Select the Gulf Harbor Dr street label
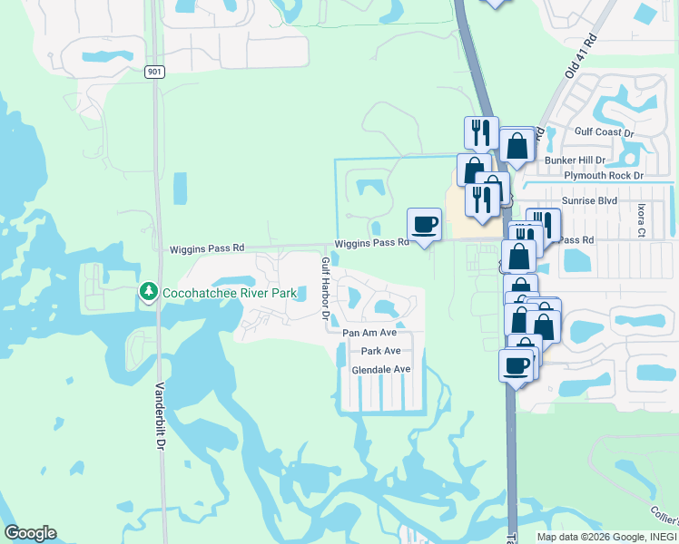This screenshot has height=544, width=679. tap(324, 288)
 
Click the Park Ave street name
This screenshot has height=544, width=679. tap(380, 351)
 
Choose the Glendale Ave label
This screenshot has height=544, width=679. tap(381, 369)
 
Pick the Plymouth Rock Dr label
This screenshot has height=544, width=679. tap(603, 175)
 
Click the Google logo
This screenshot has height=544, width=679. tap(30, 533)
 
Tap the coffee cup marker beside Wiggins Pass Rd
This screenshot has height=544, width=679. tap(424, 225)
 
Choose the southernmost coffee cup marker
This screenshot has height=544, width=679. tap(516, 365)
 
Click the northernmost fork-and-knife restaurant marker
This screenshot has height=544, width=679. tap(480, 132)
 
